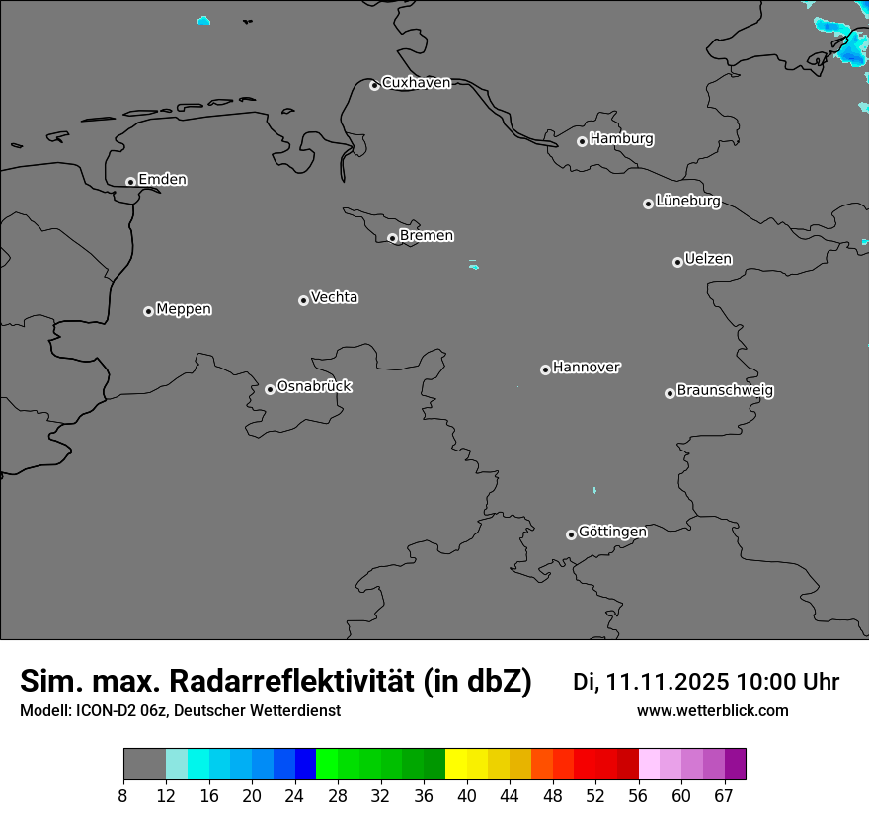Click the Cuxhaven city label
(416, 83)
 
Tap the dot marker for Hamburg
(582, 141)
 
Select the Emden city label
(162, 180)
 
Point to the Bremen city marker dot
(392, 238)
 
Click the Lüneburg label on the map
(687, 202)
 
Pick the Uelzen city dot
(677, 262)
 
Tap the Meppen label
(184, 309)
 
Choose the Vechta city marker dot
(303, 300)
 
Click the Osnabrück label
(314, 386)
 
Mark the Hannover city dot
(545, 369)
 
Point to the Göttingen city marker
(571, 534)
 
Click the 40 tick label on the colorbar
(467, 796)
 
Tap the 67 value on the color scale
(724, 796)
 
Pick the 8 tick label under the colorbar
(123, 796)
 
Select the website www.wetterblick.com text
(712, 711)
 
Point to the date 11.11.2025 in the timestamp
(667, 682)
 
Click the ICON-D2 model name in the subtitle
(98, 711)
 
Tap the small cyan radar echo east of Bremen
(474, 265)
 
